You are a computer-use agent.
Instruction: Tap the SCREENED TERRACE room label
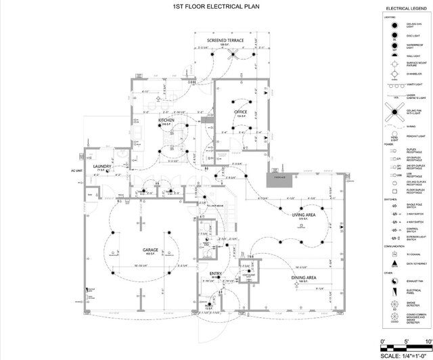(x=225, y=41)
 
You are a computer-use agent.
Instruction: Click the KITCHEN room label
(x=166, y=120)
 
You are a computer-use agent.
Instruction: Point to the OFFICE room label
(x=240, y=112)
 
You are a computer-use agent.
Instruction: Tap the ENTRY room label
(x=215, y=274)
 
